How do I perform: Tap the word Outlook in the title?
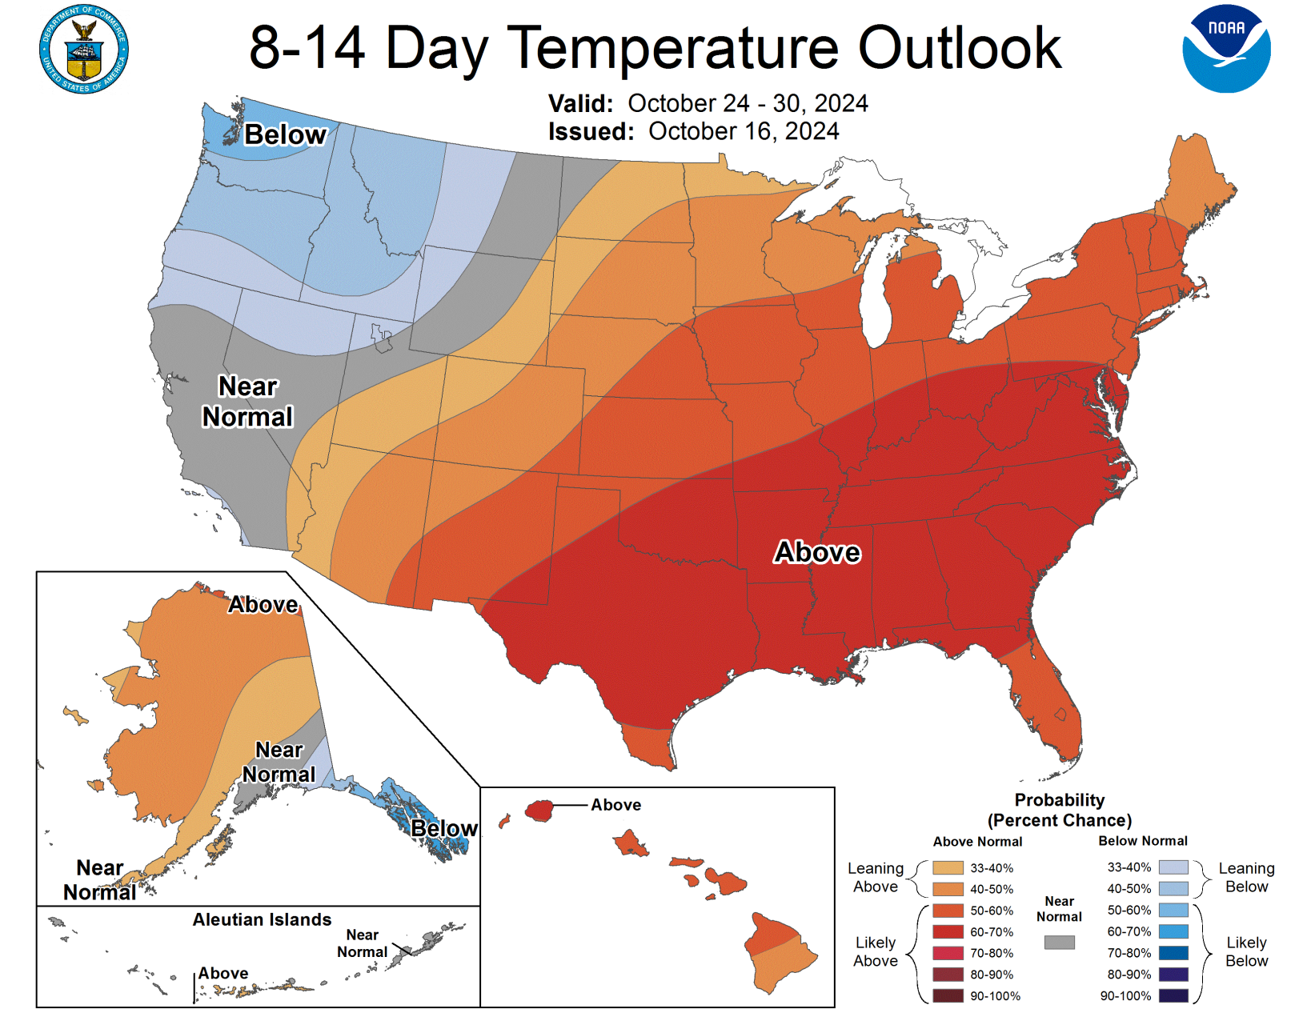coord(959,48)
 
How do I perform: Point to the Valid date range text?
coord(747,103)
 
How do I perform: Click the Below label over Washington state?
coord(285,134)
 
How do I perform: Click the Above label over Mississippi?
coord(817,552)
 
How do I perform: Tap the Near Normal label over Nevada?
coord(247,402)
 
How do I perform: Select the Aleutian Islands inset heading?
coord(262,919)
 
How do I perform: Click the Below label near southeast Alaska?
coord(443,828)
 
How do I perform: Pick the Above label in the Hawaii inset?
coord(615,805)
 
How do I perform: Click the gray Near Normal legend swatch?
coord(1059,943)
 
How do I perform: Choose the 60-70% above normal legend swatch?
coord(948,931)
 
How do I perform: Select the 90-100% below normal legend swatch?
coord(1173,995)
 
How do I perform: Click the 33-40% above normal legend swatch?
coord(948,867)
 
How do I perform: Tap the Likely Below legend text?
coord(1246,951)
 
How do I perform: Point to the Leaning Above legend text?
coord(875,877)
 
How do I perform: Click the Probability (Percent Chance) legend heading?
coord(1059,810)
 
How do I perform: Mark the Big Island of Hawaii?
coord(780,952)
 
